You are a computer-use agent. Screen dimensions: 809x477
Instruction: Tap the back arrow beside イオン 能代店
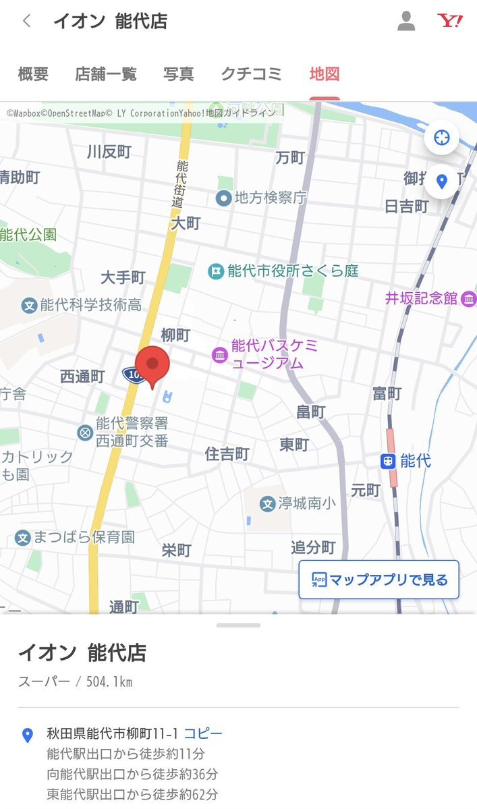click(27, 21)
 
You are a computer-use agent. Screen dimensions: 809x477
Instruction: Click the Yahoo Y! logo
click(449, 21)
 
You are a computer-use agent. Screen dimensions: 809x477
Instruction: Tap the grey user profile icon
click(406, 21)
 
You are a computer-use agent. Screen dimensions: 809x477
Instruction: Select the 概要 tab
click(33, 74)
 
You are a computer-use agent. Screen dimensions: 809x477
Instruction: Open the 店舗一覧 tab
click(105, 74)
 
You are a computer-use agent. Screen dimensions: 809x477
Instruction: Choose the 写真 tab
click(178, 74)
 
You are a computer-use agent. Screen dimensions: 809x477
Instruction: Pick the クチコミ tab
click(251, 74)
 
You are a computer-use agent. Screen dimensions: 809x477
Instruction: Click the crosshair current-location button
click(442, 138)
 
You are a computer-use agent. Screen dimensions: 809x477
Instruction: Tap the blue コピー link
click(203, 733)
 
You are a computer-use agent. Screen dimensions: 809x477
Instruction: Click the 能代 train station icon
click(387, 462)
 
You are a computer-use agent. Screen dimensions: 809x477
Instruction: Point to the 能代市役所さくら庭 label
click(293, 271)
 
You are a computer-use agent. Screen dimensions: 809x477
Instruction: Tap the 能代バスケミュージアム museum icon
click(220, 354)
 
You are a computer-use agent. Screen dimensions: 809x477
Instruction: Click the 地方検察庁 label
click(270, 198)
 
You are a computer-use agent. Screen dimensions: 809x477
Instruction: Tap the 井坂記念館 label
click(421, 298)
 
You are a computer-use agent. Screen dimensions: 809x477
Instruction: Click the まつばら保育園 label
click(85, 537)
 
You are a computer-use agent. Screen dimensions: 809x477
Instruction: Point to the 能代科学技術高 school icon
click(29, 306)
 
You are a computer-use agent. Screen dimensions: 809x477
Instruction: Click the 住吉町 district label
click(227, 454)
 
